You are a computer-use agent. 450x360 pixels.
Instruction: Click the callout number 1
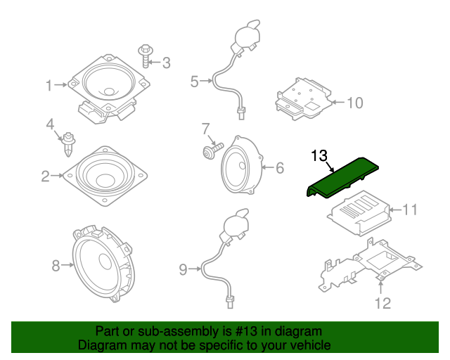(49, 86)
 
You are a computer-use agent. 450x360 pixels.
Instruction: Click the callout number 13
(319, 155)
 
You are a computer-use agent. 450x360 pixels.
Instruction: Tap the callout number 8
(56, 265)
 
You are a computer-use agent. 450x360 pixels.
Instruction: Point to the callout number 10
(354, 103)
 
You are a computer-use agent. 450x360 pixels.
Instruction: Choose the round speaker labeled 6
(241, 166)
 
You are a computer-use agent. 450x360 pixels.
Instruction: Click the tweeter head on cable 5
(245, 34)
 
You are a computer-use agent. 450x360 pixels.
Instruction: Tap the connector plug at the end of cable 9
(229, 302)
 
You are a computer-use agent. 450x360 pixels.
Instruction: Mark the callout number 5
(194, 82)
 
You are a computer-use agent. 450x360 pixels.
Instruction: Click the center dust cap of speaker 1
(109, 91)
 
